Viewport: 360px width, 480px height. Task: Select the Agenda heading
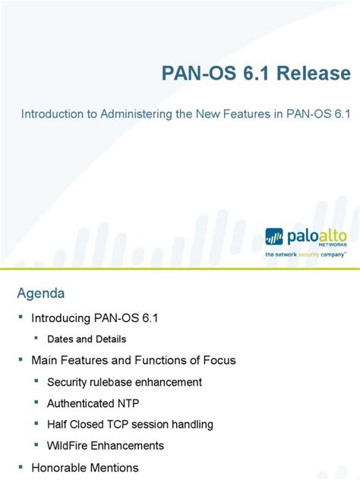pos(42,293)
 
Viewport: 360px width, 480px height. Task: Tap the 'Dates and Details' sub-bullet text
pos(87,339)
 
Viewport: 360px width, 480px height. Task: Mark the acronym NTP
pos(130,403)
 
